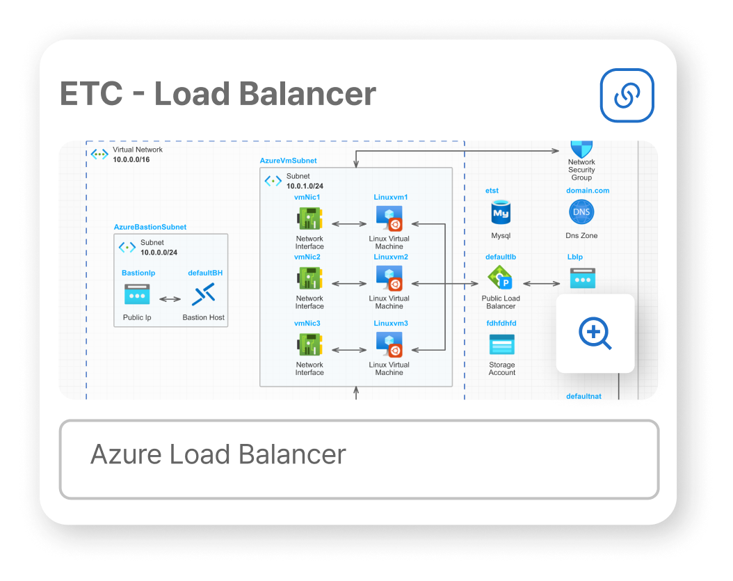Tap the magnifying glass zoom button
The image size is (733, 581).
(x=595, y=333)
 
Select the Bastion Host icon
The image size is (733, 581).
(x=203, y=295)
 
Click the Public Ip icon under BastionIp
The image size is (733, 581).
(x=137, y=295)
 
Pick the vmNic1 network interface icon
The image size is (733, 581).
(x=309, y=219)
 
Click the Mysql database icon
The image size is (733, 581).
(x=501, y=212)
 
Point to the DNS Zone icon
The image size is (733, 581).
(x=581, y=212)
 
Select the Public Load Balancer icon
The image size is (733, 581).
(x=501, y=280)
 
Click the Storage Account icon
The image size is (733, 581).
(x=501, y=345)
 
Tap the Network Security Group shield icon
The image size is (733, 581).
(x=581, y=148)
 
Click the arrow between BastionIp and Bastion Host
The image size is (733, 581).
(x=170, y=299)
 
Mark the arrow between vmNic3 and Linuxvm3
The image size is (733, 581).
(x=349, y=349)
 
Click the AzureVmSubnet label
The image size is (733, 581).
(x=288, y=161)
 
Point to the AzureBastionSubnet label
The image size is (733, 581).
(x=150, y=228)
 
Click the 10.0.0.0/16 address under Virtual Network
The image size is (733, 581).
(x=131, y=159)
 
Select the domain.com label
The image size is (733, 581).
(x=588, y=191)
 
